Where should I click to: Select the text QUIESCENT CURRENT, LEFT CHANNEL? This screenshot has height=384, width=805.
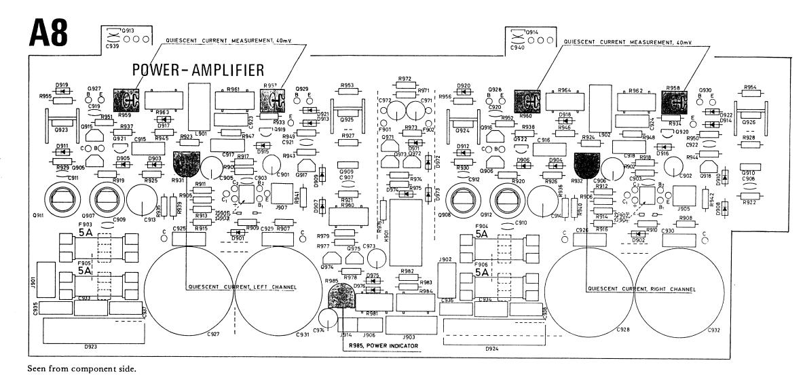tap(242, 287)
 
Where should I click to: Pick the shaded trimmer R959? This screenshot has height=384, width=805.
tap(125, 101)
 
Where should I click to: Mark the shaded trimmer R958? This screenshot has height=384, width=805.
tap(674, 101)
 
